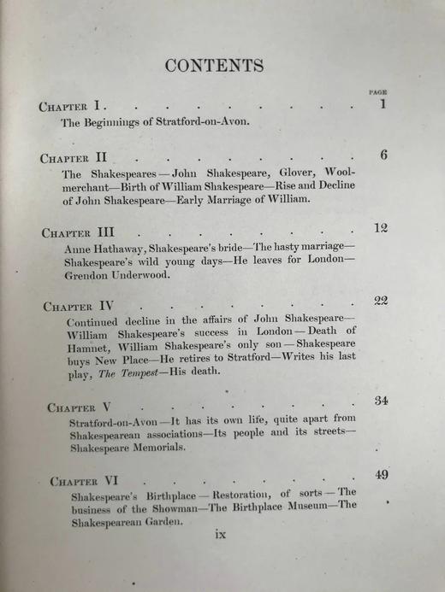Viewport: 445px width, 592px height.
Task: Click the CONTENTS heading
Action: point(214,66)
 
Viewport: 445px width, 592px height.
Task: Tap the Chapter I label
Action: point(72,106)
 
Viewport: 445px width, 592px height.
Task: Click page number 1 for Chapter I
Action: point(383,104)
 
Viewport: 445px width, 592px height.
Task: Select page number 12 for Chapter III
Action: point(381,227)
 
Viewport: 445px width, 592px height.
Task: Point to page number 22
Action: point(381,300)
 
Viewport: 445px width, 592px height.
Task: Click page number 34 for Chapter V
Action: point(382,402)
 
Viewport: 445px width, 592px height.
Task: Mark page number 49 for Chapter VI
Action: point(383,475)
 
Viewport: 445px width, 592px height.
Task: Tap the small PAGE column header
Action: point(377,91)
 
